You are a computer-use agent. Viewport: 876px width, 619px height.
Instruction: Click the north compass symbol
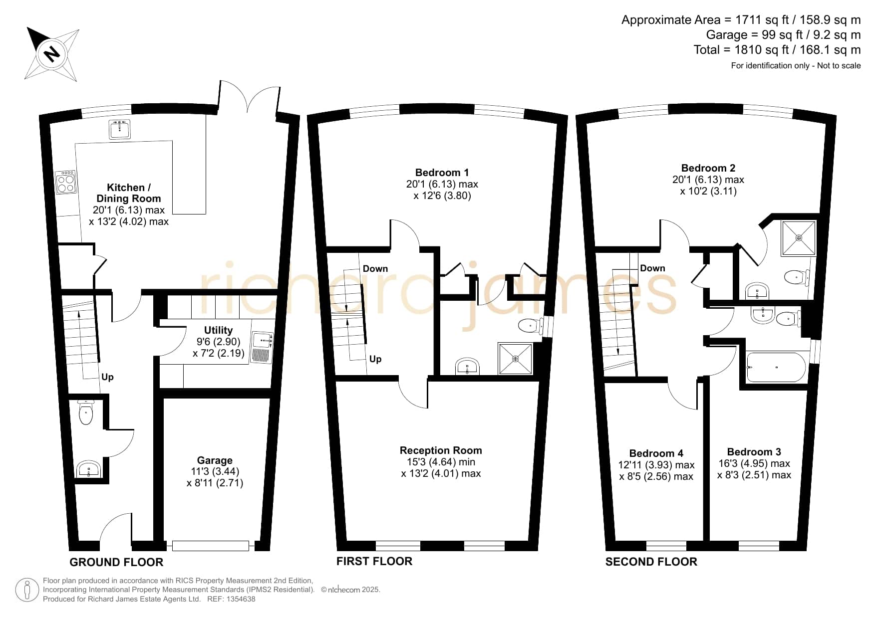(x=52, y=54)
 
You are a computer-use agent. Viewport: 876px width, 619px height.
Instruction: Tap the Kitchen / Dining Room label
(x=129, y=193)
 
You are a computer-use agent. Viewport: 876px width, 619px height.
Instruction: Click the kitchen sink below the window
(x=120, y=129)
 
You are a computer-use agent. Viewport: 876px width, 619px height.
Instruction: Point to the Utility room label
(x=218, y=330)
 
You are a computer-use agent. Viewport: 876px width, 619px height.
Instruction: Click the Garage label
(x=215, y=460)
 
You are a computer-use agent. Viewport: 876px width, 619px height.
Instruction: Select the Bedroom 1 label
(x=442, y=173)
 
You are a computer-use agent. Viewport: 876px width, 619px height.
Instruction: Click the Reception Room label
(x=441, y=450)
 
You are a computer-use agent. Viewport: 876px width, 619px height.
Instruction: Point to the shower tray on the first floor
(x=516, y=358)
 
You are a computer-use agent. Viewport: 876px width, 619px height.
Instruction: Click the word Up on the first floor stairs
(x=375, y=359)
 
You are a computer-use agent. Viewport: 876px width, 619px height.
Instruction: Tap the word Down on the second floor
(x=652, y=268)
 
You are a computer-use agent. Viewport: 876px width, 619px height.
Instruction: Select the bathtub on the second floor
(x=776, y=368)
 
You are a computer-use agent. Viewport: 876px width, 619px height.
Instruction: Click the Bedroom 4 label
(x=656, y=453)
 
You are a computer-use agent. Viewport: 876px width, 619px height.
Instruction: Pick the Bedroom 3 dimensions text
(x=754, y=469)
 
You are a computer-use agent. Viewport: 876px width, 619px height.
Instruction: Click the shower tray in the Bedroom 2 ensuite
(x=799, y=237)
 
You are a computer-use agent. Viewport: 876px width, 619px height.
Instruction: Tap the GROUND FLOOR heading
(x=116, y=562)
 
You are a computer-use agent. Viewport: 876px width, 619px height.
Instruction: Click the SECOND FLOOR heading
(x=651, y=562)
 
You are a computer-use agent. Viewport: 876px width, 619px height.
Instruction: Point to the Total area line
(x=777, y=50)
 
